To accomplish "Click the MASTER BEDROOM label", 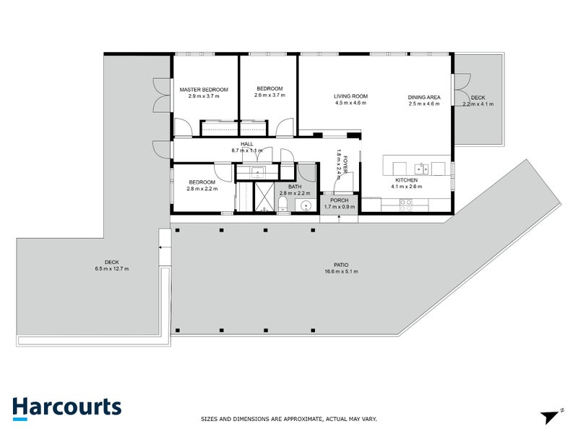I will pos(203,90).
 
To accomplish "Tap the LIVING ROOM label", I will pos(350,96).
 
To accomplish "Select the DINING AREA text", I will pos(424,96).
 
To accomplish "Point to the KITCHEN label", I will pos(405,180).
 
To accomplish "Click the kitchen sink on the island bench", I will pos(421,169).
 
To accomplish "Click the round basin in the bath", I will pos(306,206).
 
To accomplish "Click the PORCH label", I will pos(339,200).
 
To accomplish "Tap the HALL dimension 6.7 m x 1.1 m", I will pos(247,150).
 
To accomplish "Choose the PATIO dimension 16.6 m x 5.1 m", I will pos(342,272).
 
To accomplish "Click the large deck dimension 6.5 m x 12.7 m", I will pos(111,268).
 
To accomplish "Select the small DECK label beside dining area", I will pos(477,97).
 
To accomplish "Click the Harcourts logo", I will pos(66,407).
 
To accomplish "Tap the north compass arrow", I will pos(551,416).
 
